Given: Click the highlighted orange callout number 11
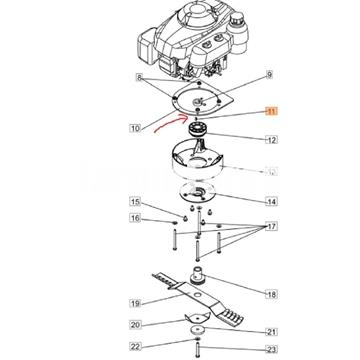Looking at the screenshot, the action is click(271, 111).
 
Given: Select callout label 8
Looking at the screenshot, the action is click(139, 78).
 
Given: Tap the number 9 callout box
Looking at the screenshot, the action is click(269, 75).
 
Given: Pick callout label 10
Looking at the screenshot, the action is click(135, 128).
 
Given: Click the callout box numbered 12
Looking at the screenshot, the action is click(272, 140).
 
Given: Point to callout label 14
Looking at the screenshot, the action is click(272, 201).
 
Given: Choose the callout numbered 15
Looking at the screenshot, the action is click(135, 202).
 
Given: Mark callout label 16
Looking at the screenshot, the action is click(135, 218).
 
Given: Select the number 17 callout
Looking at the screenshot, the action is click(272, 227).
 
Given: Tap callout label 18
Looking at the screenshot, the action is click(272, 294).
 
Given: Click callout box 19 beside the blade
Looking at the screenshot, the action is click(135, 303).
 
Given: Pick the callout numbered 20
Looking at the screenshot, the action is click(135, 324).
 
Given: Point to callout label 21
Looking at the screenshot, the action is click(272, 332).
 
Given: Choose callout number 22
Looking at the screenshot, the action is click(135, 346).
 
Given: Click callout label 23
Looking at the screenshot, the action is click(272, 349).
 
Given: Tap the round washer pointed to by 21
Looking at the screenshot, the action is click(199, 330).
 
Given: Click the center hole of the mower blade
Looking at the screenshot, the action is click(196, 295).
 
